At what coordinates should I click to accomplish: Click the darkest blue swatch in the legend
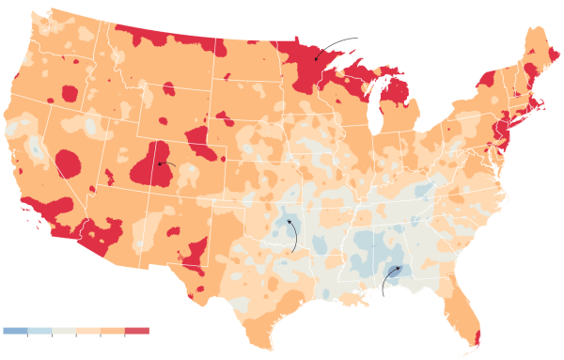click(15, 331)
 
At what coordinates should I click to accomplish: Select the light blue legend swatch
click(39, 331)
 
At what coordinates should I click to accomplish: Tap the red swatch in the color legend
click(138, 331)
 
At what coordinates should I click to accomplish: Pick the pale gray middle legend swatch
click(64, 331)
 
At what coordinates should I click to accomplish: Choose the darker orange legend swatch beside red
click(113, 331)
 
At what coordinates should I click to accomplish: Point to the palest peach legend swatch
click(88, 331)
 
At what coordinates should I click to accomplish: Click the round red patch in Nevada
click(68, 164)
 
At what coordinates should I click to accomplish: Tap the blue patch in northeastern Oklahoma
click(283, 227)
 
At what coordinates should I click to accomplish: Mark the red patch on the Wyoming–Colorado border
click(201, 142)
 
